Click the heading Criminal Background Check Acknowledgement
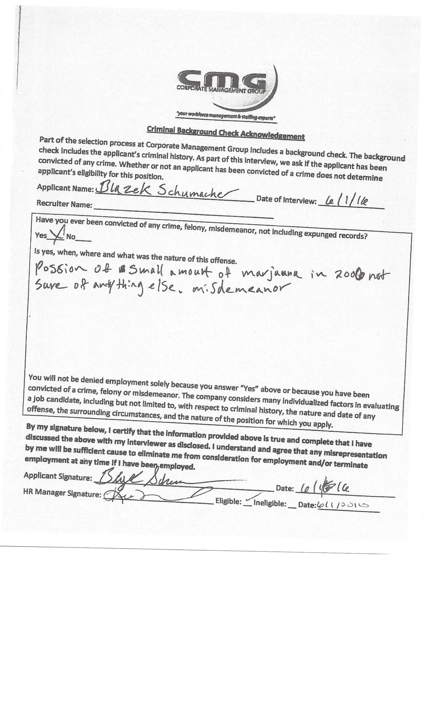tap(226, 133)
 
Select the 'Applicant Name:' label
tap(65, 188)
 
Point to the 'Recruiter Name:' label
tap(64, 204)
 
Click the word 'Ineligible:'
tap(270, 503)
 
